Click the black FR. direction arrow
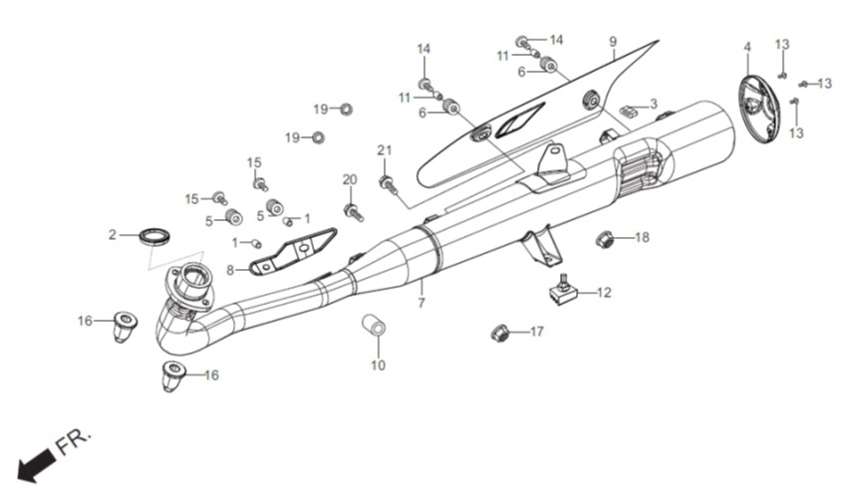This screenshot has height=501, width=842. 36,464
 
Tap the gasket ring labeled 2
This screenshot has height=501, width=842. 155,236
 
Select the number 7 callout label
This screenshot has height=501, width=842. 421,303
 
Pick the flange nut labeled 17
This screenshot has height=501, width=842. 501,333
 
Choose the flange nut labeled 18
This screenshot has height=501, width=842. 605,238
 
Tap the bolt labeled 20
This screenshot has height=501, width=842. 354,212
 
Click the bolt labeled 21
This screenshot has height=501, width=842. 388,185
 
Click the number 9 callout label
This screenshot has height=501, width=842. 613,42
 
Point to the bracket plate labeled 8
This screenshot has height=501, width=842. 294,251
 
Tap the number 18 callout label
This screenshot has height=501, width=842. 642,237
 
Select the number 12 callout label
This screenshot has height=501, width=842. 604,292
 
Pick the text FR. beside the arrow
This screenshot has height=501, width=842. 74,441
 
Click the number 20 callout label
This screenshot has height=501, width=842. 350,179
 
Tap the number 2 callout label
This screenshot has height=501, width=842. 112,235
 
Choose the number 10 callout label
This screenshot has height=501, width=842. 378,366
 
